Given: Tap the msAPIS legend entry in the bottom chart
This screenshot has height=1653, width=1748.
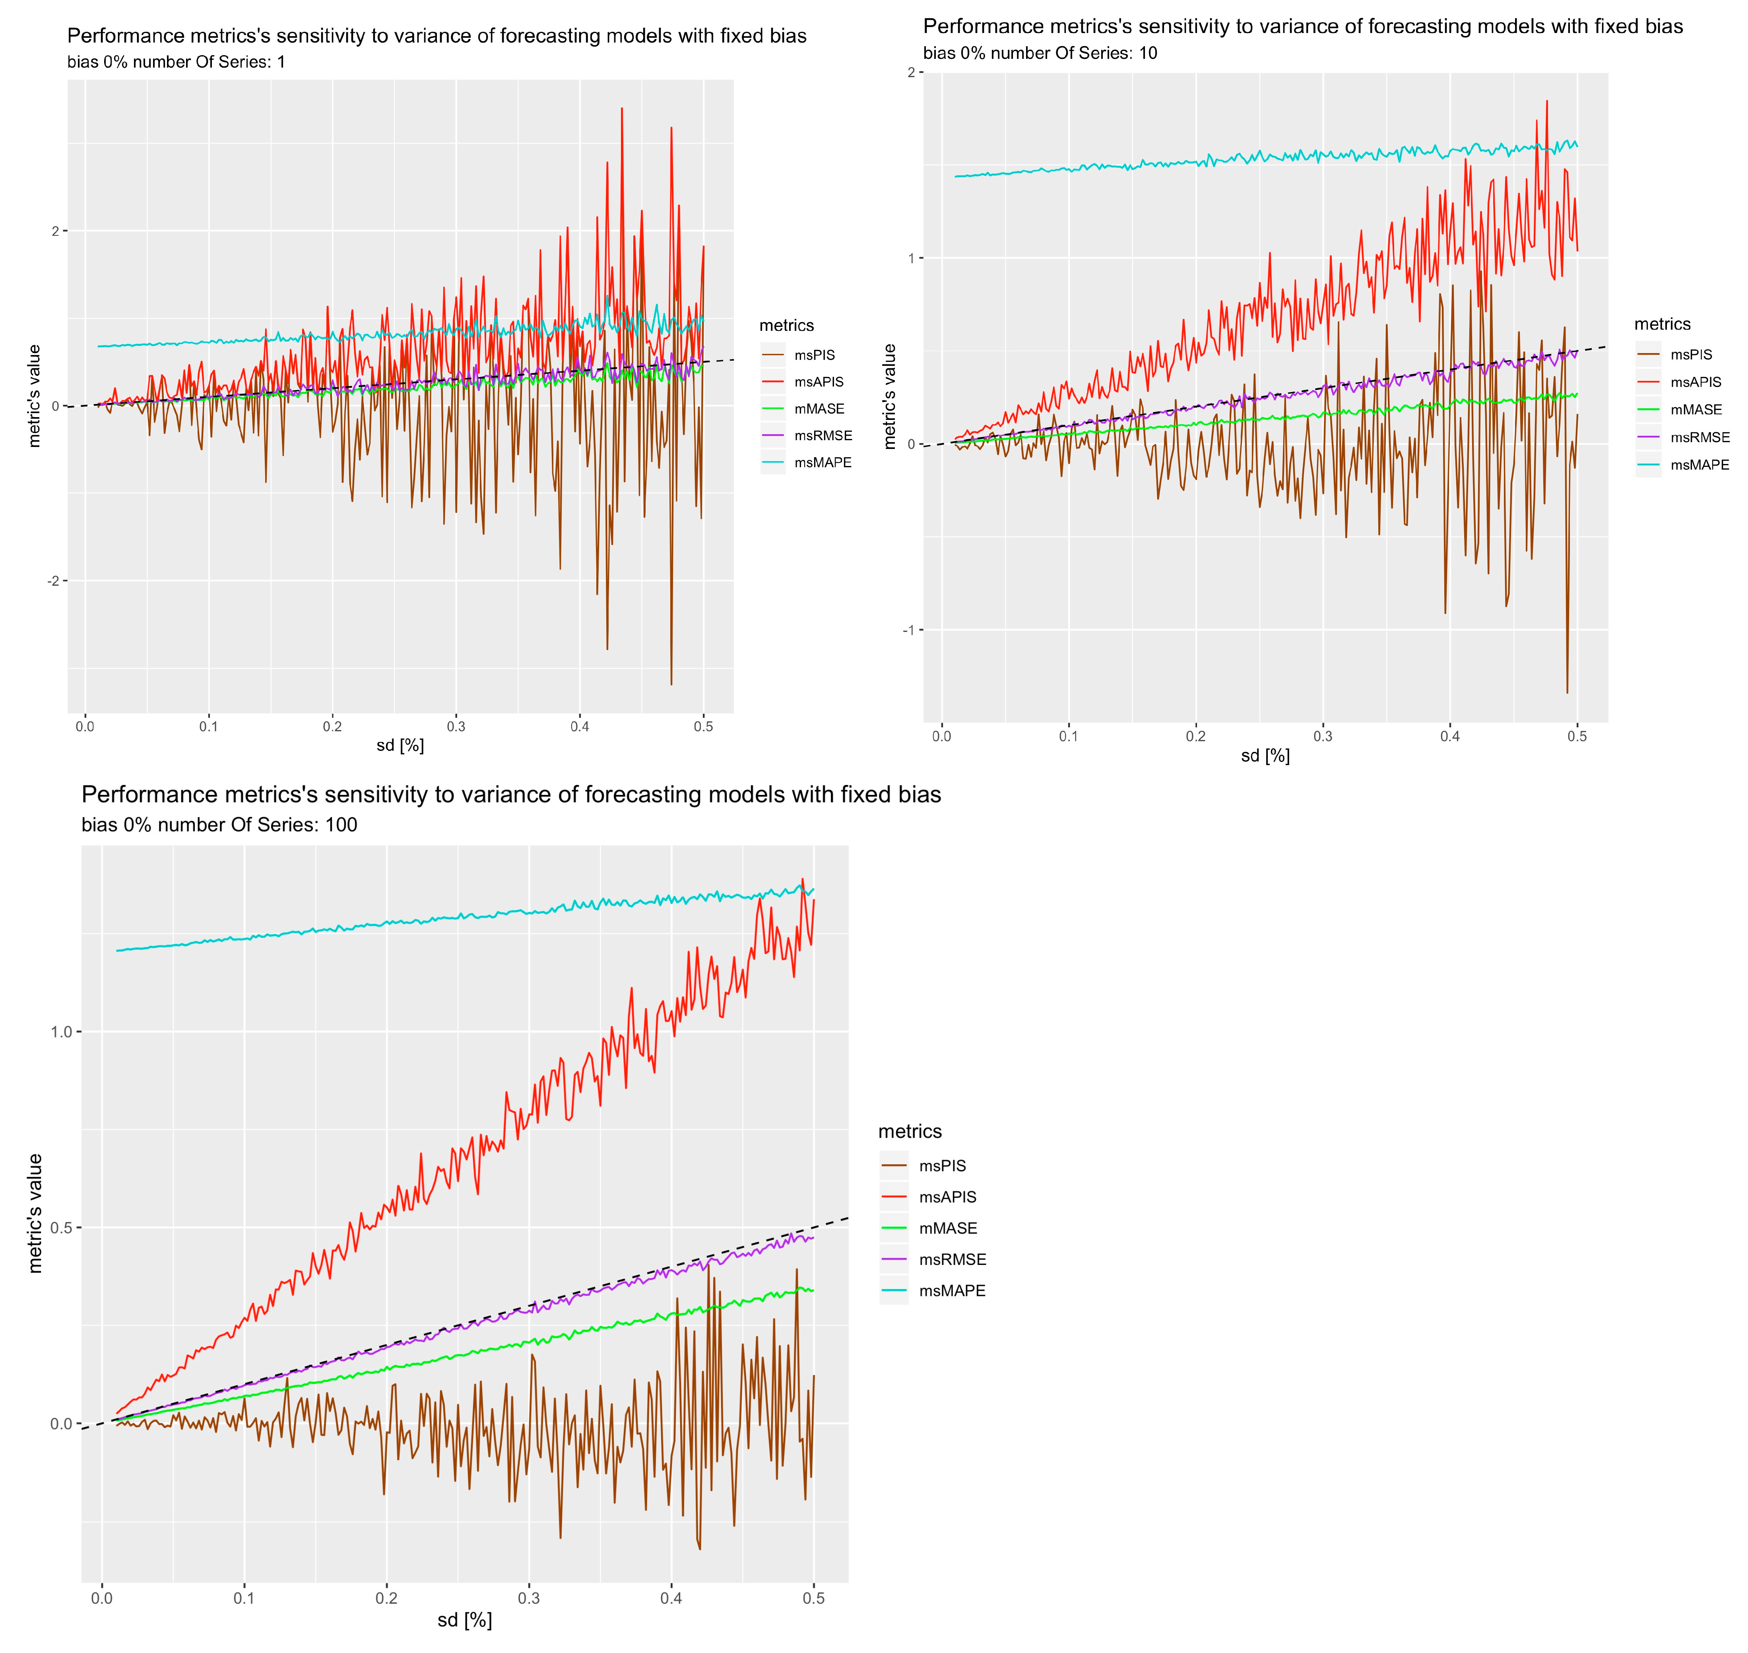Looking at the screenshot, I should (947, 1197).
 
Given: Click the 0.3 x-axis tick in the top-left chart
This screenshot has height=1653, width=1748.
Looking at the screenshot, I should (456, 727).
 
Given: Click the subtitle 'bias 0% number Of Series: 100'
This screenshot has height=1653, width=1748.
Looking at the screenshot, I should (219, 825).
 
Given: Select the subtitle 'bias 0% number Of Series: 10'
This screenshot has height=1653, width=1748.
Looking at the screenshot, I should (1040, 53).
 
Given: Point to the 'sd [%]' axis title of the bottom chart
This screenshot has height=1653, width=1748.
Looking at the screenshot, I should (464, 1620).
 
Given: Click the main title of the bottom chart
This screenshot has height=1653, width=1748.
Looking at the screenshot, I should (511, 795).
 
